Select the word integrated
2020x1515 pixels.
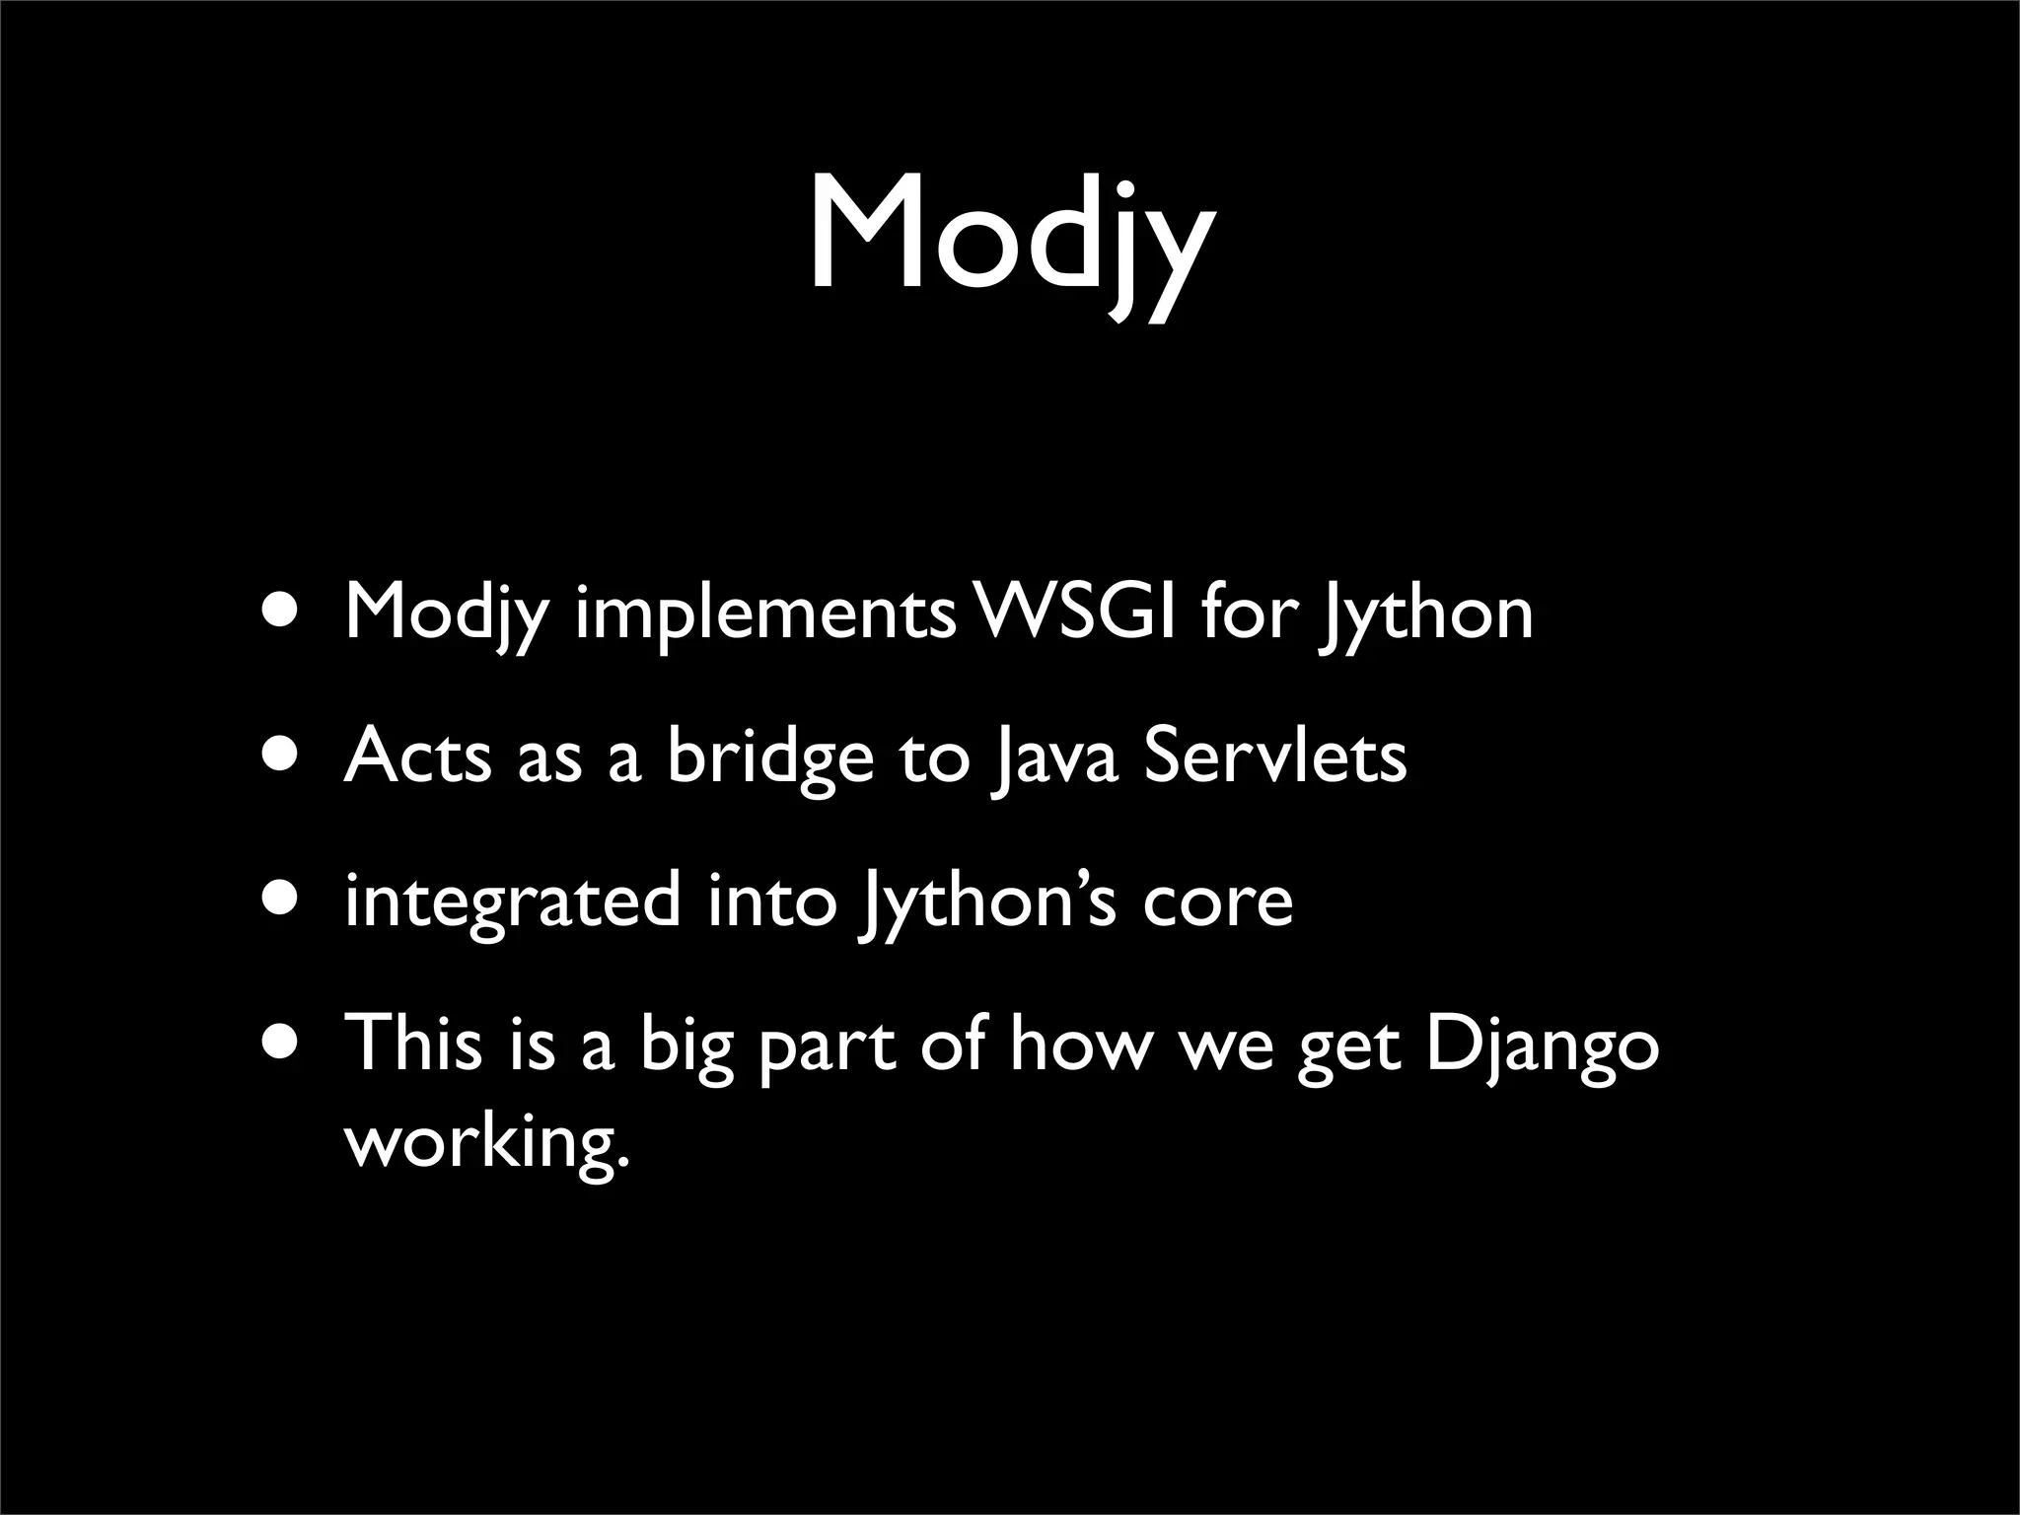tap(513, 902)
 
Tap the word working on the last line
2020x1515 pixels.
tap(486, 1144)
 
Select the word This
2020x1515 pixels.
tap(413, 1044)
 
